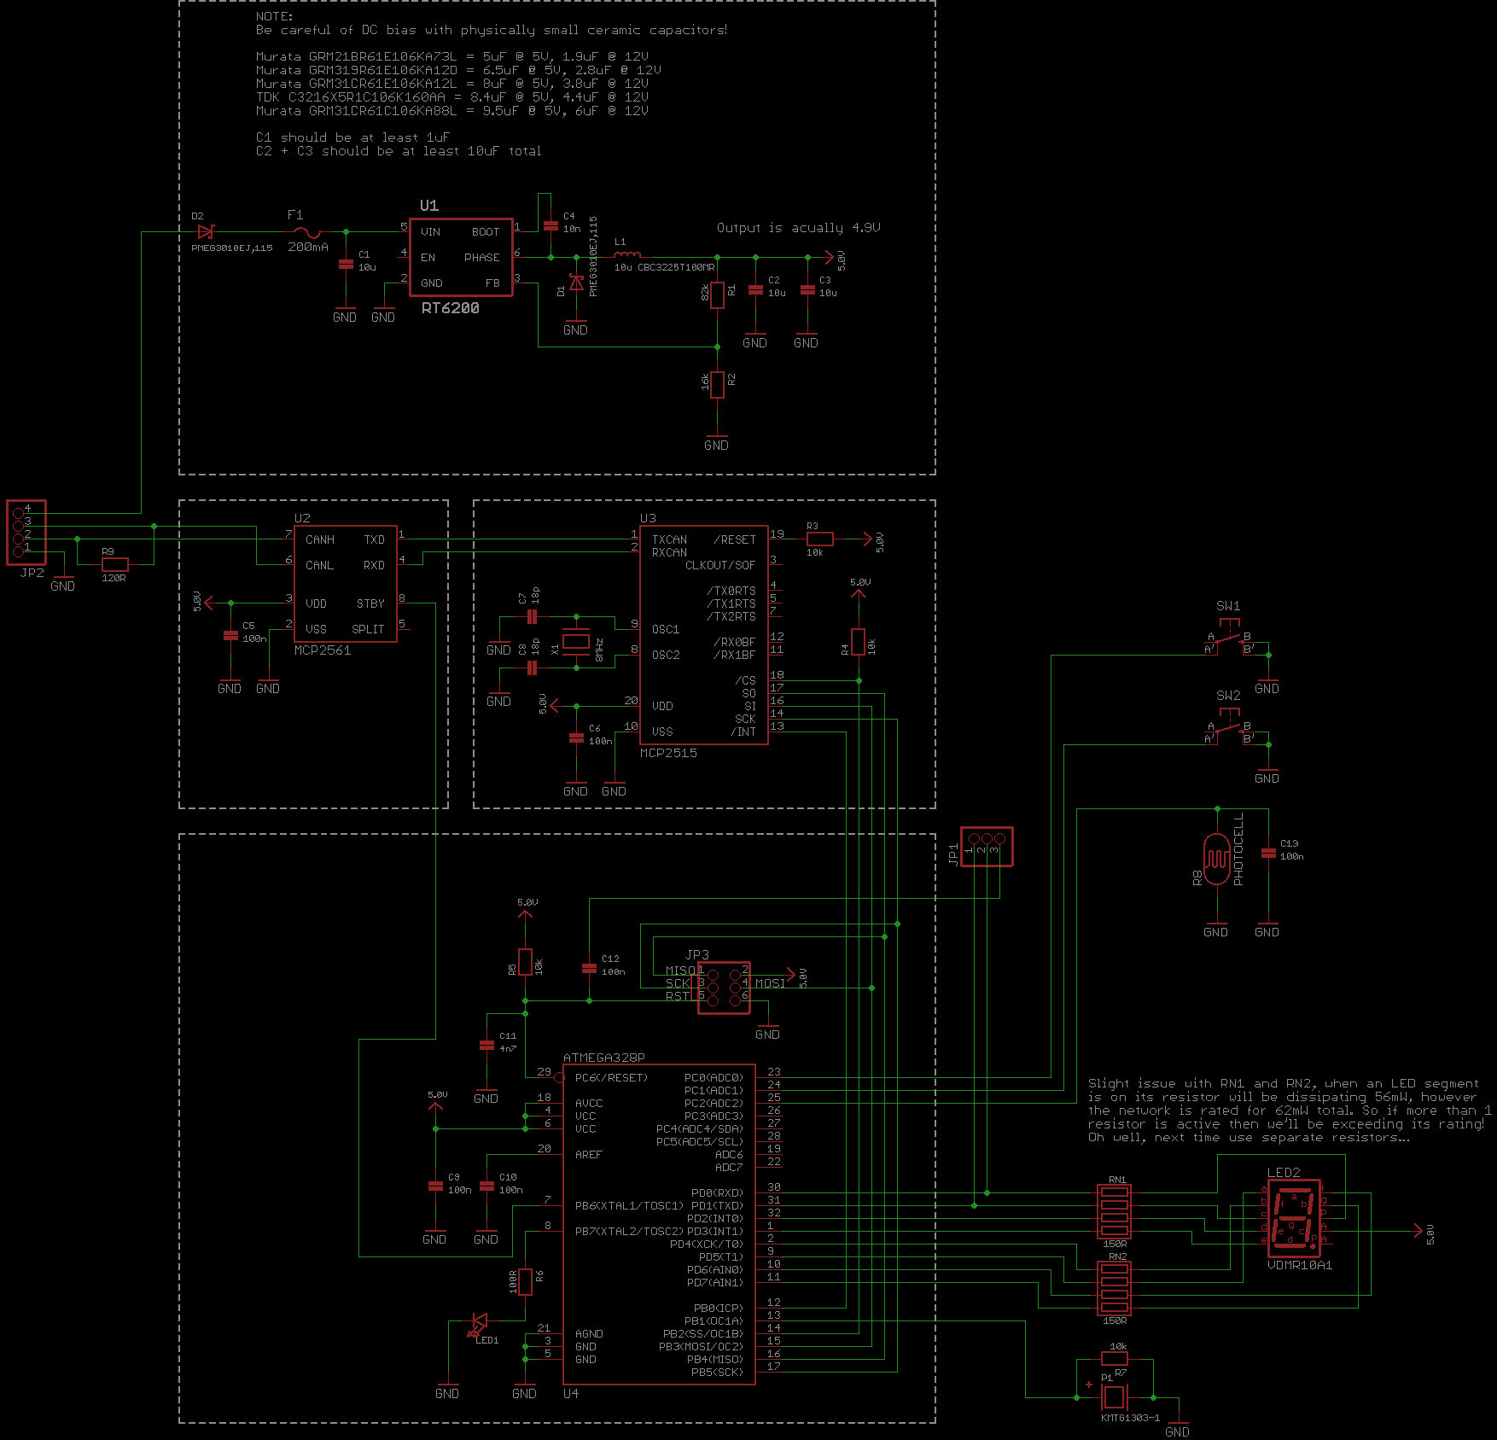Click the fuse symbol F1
306,232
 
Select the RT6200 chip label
450,308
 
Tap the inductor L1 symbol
627,254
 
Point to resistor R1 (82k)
717,295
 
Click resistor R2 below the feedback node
717,385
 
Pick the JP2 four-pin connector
26,533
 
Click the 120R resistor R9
114,564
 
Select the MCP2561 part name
322,650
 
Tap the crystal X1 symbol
576,642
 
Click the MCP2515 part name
668,753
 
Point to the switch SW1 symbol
1229,641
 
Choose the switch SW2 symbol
1229,731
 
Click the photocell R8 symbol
1216,856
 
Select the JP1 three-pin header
987,846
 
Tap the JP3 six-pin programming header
724,988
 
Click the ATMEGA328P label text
603,1058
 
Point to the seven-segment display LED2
1294,1218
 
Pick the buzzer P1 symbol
1114,1397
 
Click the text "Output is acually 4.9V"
798,228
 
